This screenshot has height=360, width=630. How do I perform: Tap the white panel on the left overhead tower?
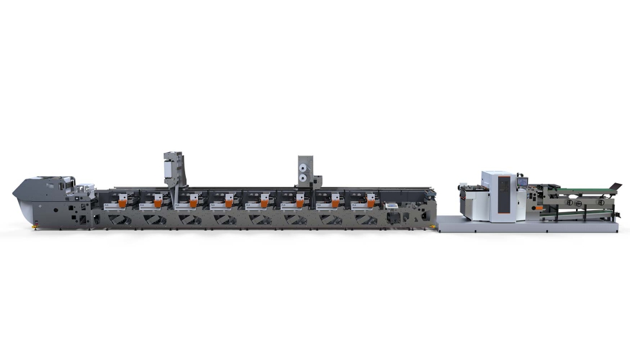(x=169, y=169)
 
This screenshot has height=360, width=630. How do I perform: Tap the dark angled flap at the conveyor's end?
(x=616, y=187)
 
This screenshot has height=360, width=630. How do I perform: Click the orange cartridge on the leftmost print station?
(x=122, y=203)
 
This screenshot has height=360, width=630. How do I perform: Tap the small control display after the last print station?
(x=392, y=206)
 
